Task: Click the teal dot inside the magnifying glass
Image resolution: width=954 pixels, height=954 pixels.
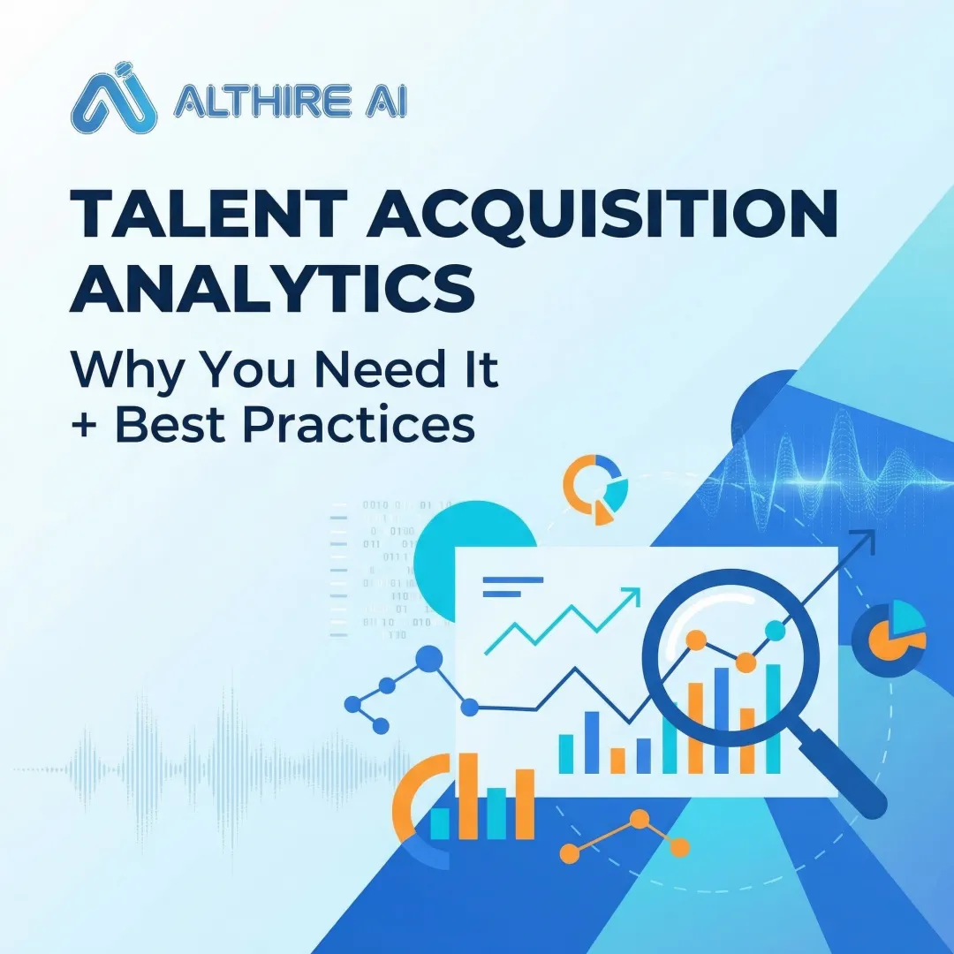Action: pyautogui.click(x=775, y=630)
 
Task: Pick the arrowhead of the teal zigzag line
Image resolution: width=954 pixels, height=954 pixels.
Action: pyautogui.click(x=632, y=596)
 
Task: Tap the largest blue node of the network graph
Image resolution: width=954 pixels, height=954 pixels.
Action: pyautogui.click(x=429, y=659)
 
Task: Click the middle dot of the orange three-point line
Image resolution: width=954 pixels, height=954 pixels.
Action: pyautogui.click(x=639, y=821)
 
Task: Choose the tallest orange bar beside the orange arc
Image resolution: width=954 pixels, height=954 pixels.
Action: pyautogui.click(x=468, y=795)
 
